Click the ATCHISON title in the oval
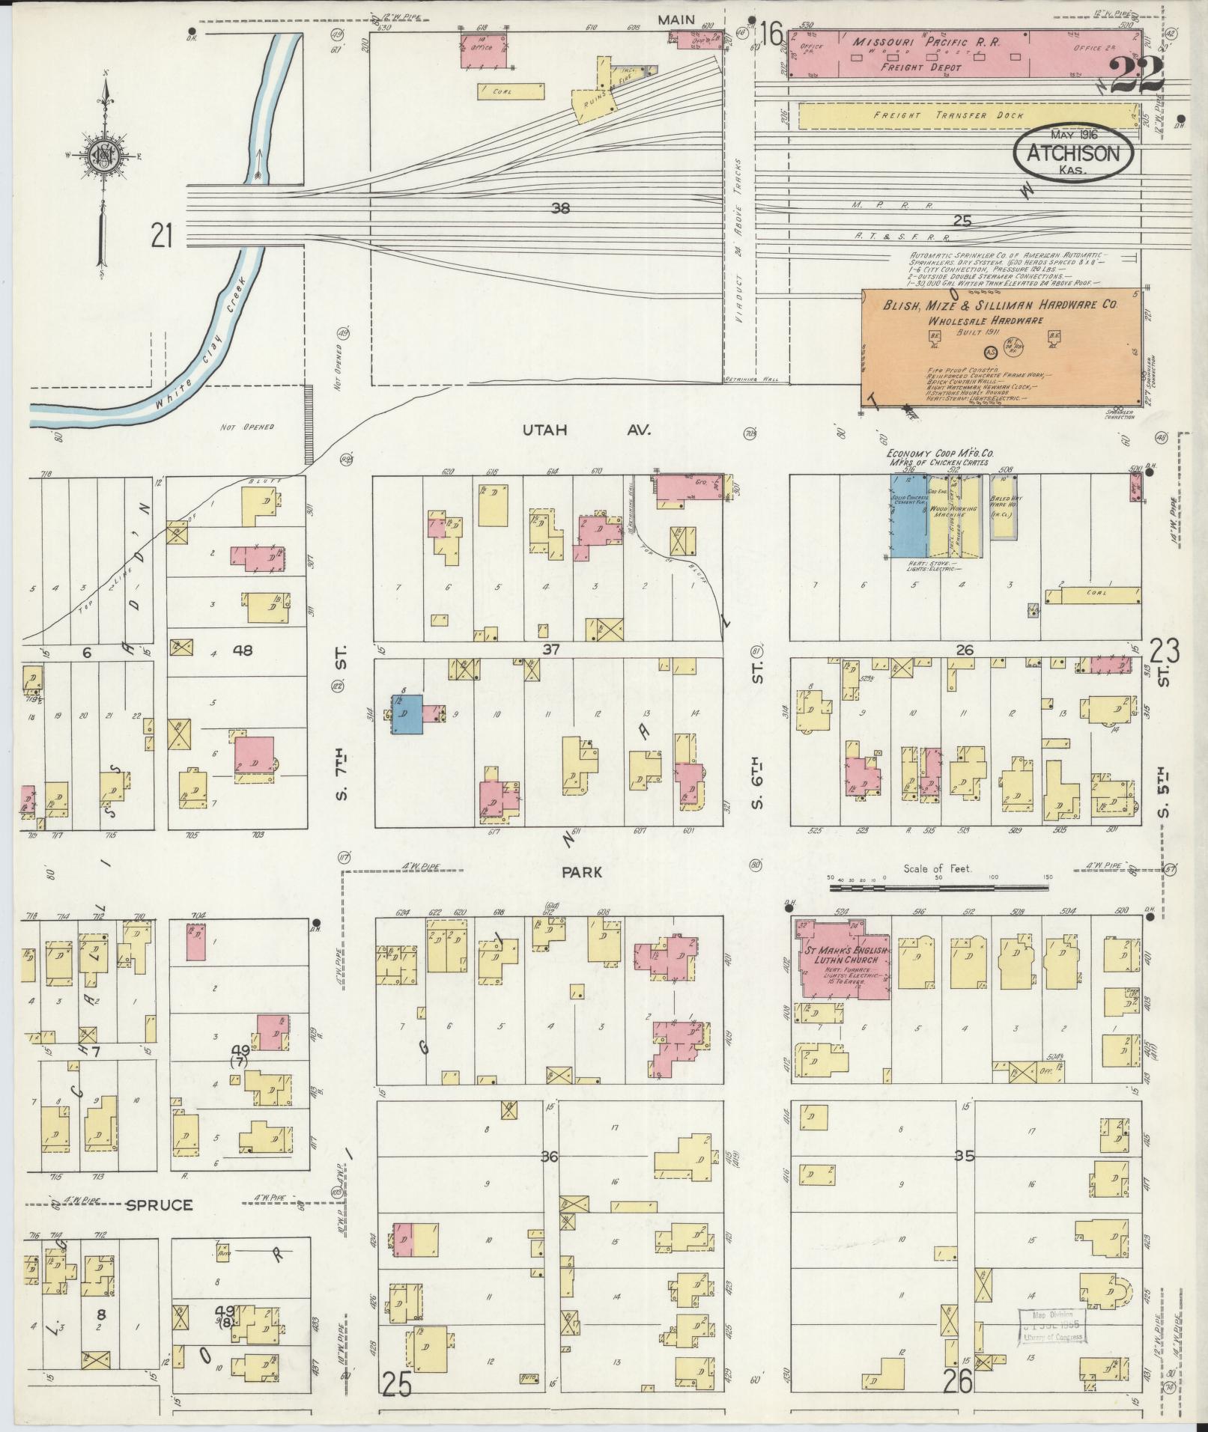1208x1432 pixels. point(1072,153)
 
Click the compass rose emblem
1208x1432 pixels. point(102,156)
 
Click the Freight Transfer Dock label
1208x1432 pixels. point(965,116)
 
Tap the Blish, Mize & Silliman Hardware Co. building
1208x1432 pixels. point(1003,347)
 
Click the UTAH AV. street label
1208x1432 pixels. point(583,430)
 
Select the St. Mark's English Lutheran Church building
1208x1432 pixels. point(843,960)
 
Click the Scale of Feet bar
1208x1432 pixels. point(940,886)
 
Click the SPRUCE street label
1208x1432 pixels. point(158,1205)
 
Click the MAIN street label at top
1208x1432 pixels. point(676,19)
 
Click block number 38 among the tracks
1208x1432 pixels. point(559,209)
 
